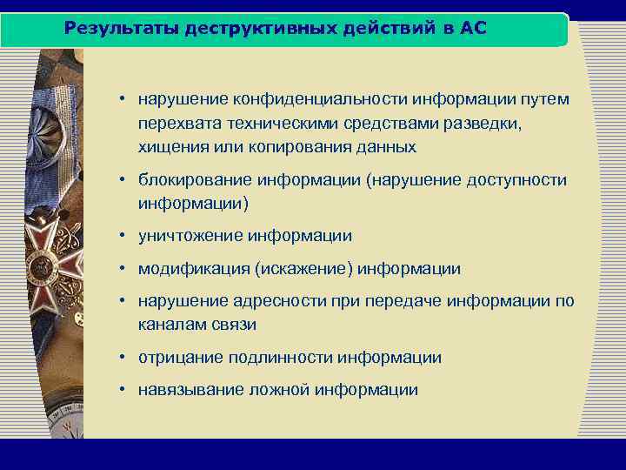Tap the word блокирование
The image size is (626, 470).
(191, 180)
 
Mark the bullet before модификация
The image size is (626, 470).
(126, 269)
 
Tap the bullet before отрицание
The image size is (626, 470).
(126, 358)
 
